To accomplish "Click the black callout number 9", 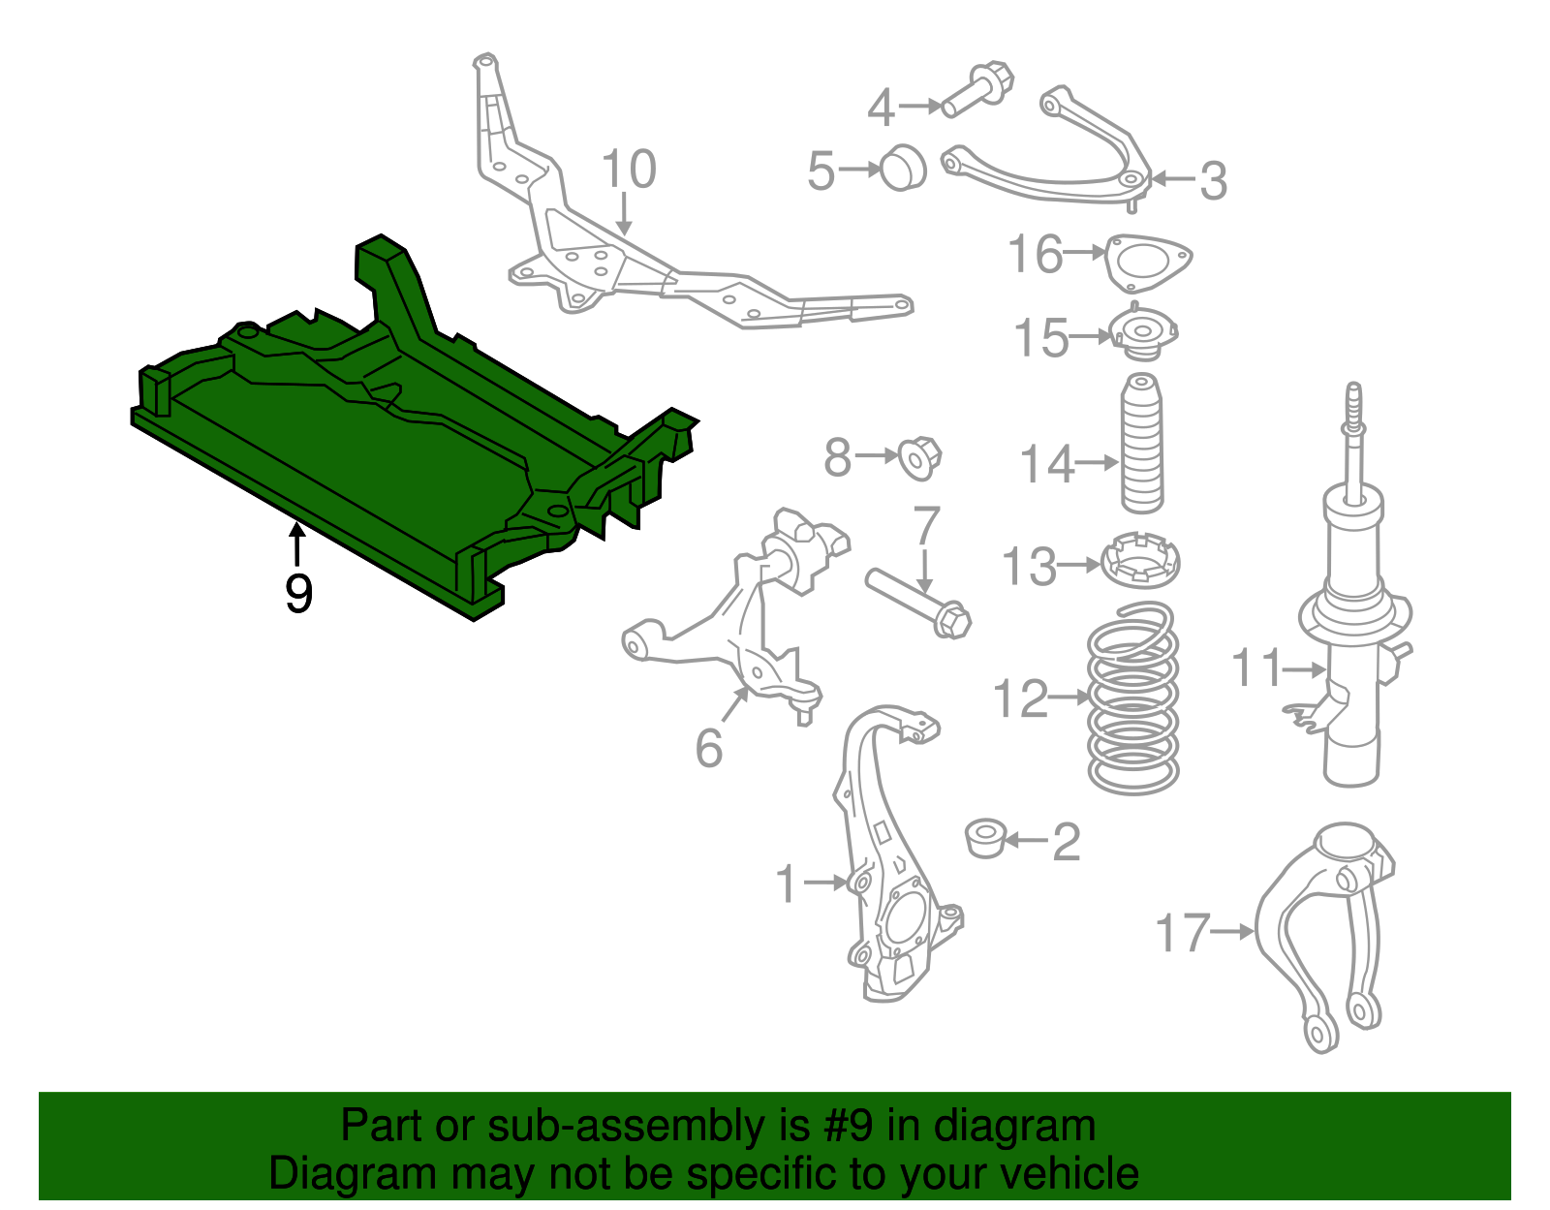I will [x=298, y=594].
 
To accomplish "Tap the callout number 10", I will [x=629, y=170].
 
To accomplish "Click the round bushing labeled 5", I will [x=903, y=168].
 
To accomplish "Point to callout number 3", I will [x=1213, y=181].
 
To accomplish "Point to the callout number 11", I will [x=1255, y=668].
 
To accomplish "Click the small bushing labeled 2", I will [x=986, y=837].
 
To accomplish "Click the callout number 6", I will [x=708, y=748].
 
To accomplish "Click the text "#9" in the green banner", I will [x=849, y=1127].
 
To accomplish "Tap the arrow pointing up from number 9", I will [x=297, y=543].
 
